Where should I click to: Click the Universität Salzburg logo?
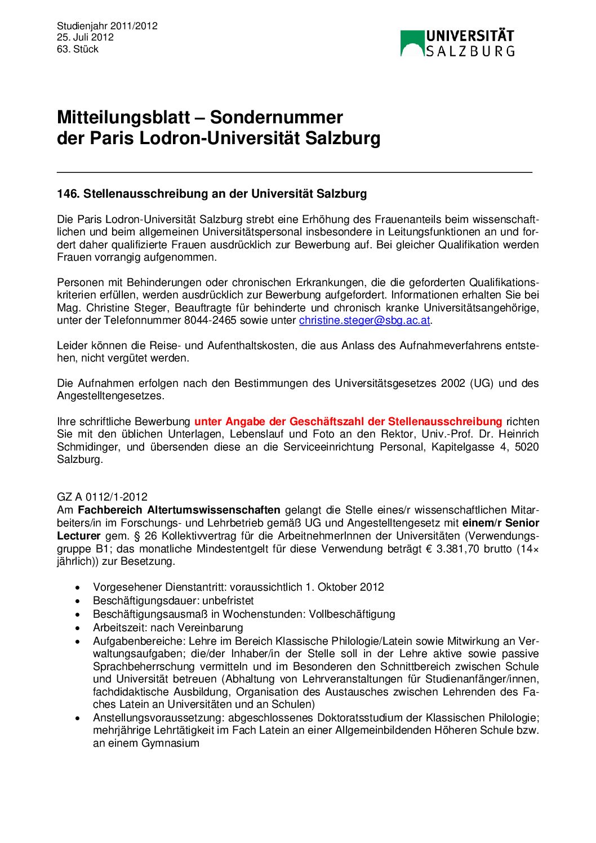(457, 43)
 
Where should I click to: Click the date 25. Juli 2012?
(85, 37)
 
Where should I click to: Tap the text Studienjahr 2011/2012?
(107, 26)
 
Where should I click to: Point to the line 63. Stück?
(78, 49)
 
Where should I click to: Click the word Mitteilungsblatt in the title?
(123, 117)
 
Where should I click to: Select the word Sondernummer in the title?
(276, 117)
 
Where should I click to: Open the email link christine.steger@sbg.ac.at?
(364, 320)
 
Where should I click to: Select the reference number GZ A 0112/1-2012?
(102, 497)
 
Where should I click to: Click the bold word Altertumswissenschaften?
(179, 510)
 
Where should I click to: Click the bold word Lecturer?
(78, 536)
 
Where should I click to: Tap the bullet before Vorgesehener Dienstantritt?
(78, 587)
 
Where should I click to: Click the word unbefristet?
(228, 601)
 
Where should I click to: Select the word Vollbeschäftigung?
(352, 614)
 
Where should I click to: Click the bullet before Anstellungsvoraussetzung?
(78, 718)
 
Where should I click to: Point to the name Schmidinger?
(89, 447)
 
